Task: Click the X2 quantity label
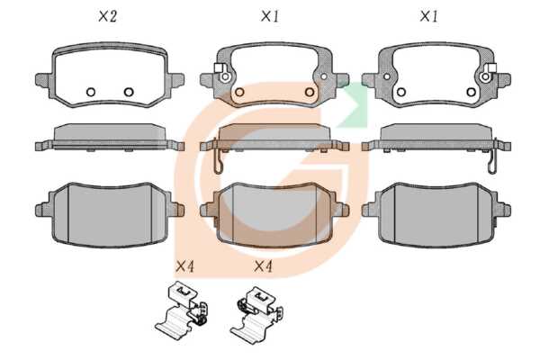(x=108, y=16)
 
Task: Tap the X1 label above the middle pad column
(x=270, y=16)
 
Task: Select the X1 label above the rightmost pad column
(x=428, y=16)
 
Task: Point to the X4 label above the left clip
(x=184, y=266)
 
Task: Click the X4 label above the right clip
(x=264, y=266)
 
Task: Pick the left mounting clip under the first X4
(x=182, y=309)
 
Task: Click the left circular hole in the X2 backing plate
(x=91, y=92)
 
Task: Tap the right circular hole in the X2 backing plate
(x=129, y=92)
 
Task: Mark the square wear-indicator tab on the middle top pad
(x=218, y=67)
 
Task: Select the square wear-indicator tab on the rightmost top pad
(x=492, y=67)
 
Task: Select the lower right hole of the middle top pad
(x=310, y=92)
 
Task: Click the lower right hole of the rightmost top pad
(x=471, y=92)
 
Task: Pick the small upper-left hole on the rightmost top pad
(x=387, y=76)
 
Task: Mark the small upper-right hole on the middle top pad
(x=324, y=76)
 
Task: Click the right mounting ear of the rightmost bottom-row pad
(x=503, y=210)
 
